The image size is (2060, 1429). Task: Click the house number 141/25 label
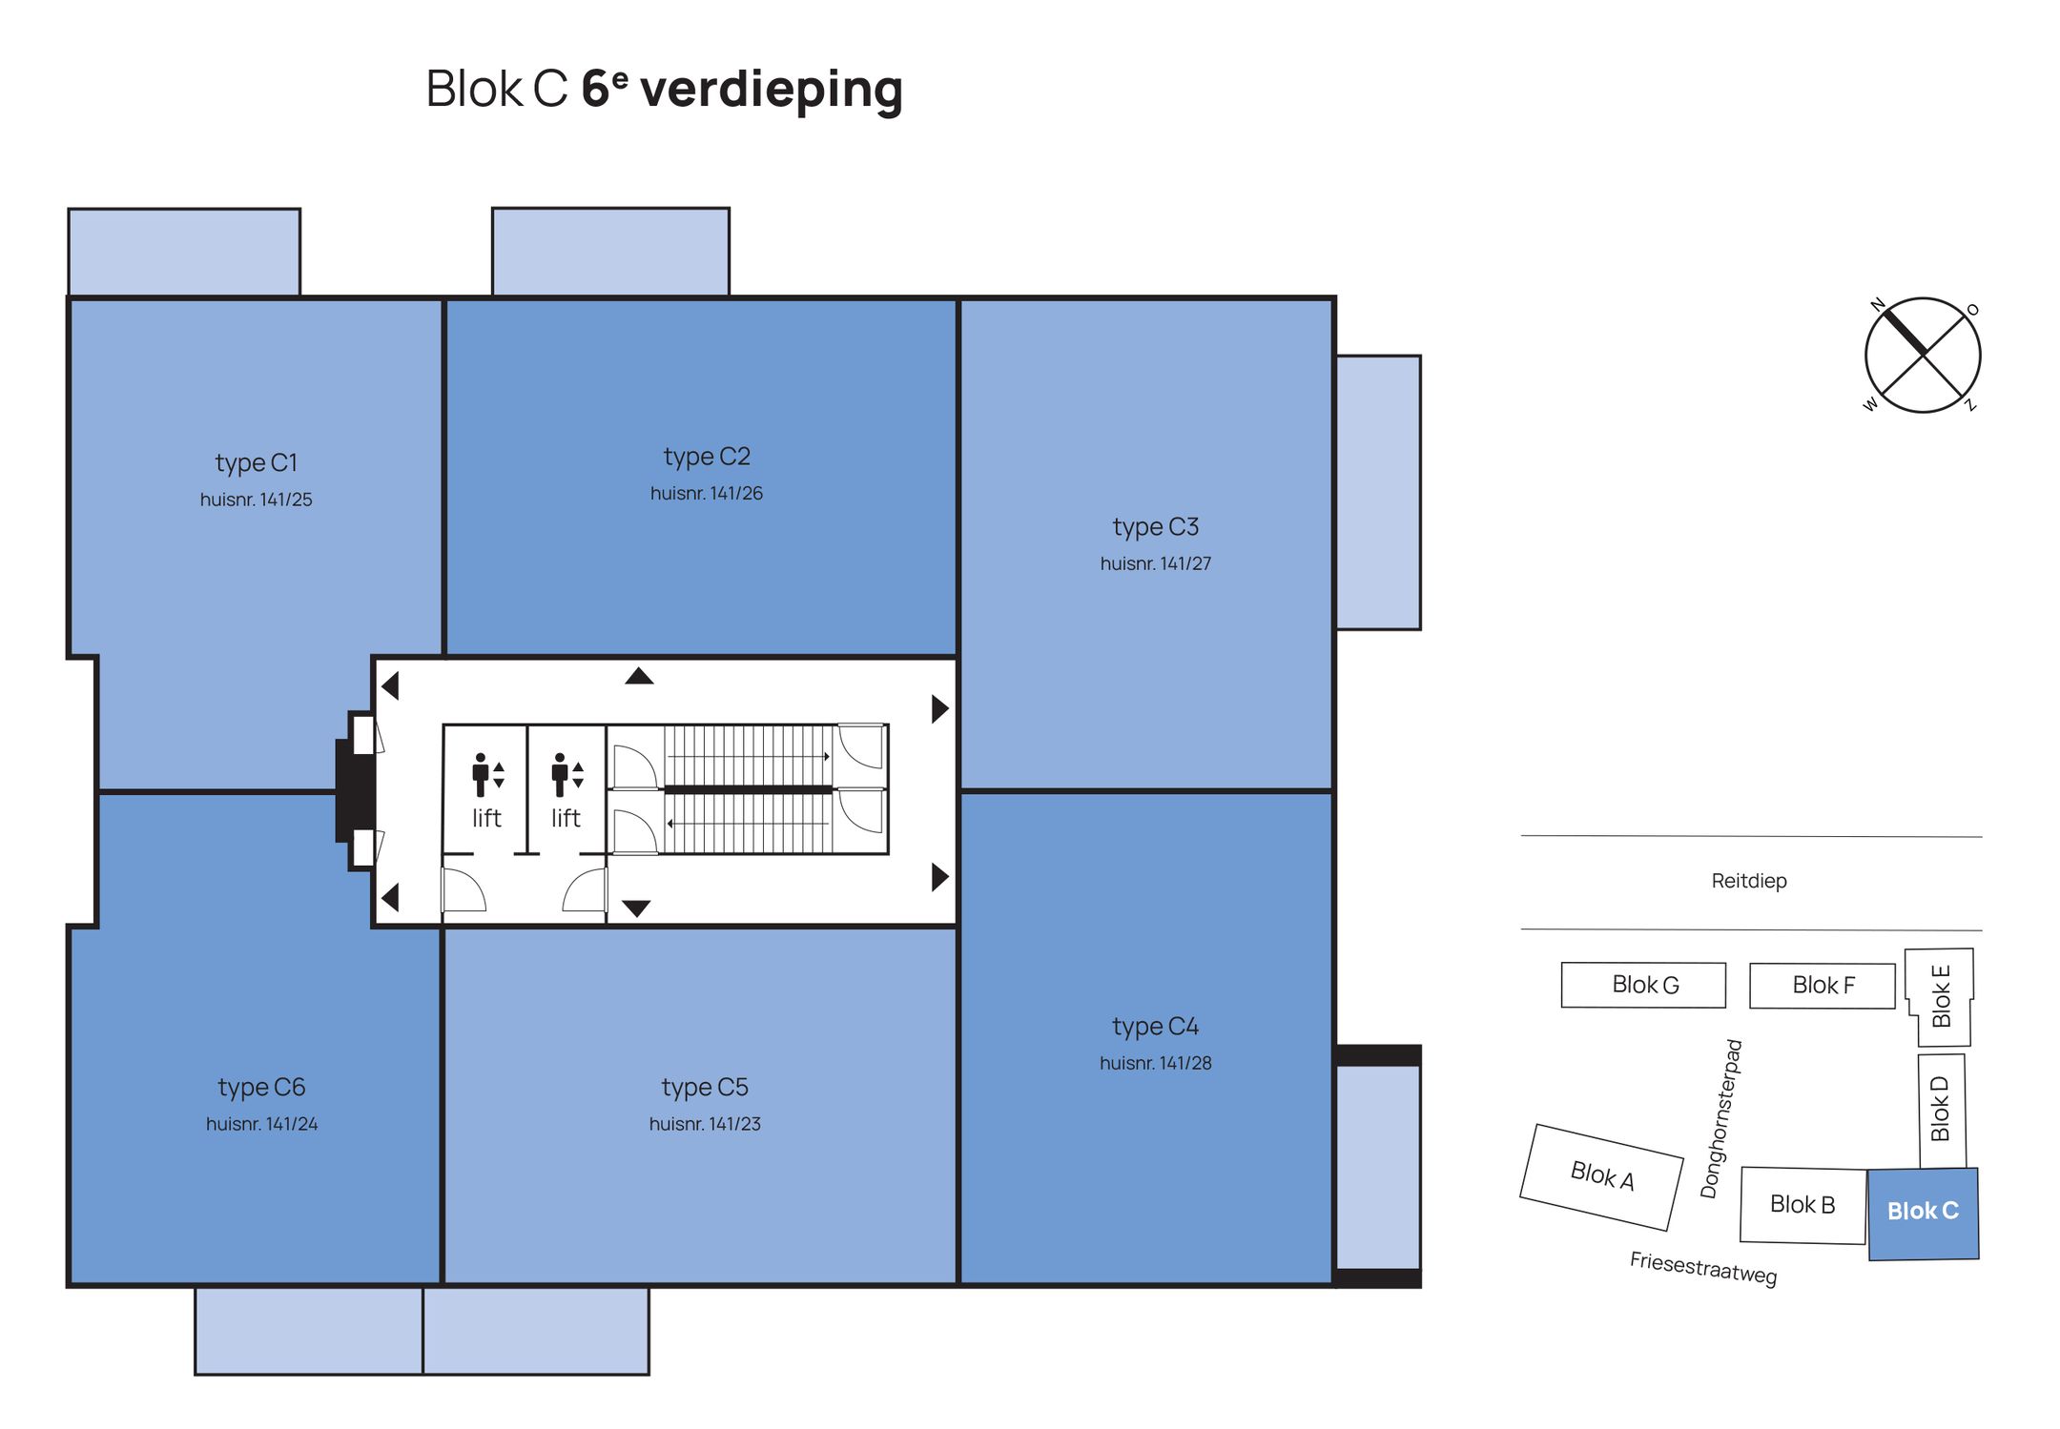click(x=256, y=500)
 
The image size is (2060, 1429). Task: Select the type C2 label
click(x=707, y=457)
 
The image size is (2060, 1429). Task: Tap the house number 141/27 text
click(x=1155, y=563)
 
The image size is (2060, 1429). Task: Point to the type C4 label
click(x=1155, y=1027)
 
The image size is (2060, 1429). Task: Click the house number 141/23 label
click(x=705, y=1124)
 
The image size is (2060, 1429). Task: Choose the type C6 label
click(x=261, y=1088)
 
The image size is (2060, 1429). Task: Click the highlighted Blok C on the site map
click(x=1923, y=1212)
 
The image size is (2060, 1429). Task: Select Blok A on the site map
click(x=1601, y=1176)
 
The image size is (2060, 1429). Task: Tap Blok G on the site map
click(x=1644, y=985)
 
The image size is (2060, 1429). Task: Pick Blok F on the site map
click(x=1823, y=985)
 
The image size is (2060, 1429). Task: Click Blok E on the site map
click(x=1940, y=996)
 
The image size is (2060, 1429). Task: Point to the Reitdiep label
click(x=1748, y=881)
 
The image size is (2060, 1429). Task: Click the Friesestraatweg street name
click(x=1702, y=1268)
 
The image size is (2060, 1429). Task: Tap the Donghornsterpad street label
click(x=1720, y=1119)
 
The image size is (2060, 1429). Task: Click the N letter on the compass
click(x=1877, y=305)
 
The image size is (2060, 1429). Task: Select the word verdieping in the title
click(x=771, y=90)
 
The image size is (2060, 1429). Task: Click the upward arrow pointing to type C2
click(x=639, y=676)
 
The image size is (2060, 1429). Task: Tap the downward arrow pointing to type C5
click(x=636, y=908)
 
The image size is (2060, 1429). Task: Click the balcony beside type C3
click(x=1378, y=492)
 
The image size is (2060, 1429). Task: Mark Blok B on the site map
click(x=1802, y=1205)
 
